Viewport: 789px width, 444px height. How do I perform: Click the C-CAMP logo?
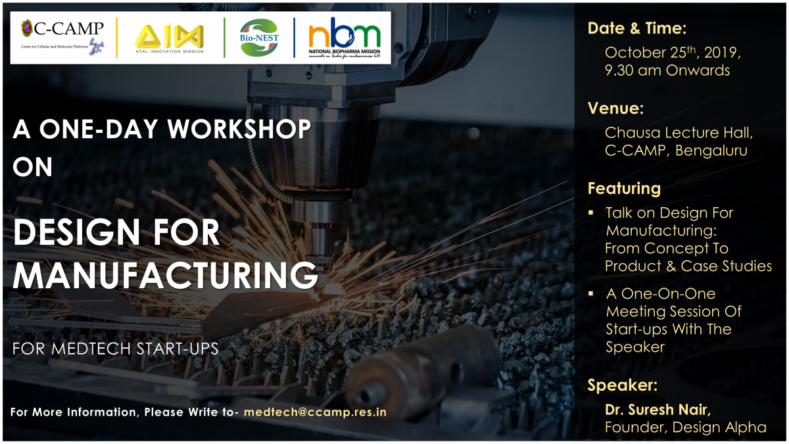(62, 37)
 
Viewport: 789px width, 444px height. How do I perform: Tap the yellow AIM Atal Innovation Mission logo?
(170, 39)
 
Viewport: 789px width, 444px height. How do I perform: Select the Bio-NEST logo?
(259, 37)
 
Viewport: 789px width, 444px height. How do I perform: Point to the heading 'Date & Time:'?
(637, 28)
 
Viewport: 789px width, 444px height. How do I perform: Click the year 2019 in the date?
(721, 53)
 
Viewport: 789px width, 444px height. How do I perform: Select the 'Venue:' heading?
(615, 108)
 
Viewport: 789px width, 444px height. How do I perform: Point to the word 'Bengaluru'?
(711, 151)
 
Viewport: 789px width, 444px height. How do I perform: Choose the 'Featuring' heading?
(624, 189)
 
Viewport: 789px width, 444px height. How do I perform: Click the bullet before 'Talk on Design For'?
(591, 212)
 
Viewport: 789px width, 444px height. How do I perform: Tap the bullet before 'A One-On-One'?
(591, 293)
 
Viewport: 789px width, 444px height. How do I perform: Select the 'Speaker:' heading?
(623, 385)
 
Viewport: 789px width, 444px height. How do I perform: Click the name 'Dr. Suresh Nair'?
(657, 410)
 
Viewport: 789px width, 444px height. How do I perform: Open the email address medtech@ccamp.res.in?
(315, 412)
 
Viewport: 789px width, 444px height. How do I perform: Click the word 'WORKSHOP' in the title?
(239, 129)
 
